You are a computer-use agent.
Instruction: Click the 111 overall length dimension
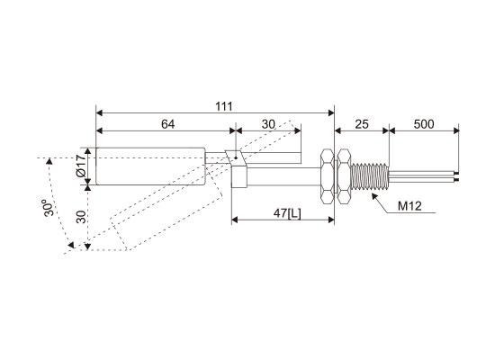(224, 106)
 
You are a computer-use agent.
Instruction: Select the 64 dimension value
(167, 124)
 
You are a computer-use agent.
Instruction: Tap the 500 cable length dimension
(424, 124)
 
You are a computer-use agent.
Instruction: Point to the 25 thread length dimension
(362, 124)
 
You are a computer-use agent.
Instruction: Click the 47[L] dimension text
(287, 213)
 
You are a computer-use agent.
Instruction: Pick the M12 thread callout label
(409, 206)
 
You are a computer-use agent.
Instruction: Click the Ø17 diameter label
(81, 166)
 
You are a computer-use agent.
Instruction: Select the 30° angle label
(49, 208)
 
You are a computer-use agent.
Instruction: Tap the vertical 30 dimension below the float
(81, 217)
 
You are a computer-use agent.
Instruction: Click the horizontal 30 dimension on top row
(268, 124)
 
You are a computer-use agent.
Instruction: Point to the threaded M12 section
(369, 176)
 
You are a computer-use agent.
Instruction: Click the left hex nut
(328, 176)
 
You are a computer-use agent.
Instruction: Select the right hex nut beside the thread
(344, 176)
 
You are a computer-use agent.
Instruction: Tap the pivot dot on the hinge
(236, 157)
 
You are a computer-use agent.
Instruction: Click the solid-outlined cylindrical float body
(150, 166)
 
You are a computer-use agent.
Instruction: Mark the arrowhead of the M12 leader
(374, 196)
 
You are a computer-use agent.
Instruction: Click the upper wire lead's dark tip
(457, 173)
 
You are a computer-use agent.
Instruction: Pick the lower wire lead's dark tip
(457, 180)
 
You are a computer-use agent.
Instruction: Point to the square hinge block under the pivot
(239, 176)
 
